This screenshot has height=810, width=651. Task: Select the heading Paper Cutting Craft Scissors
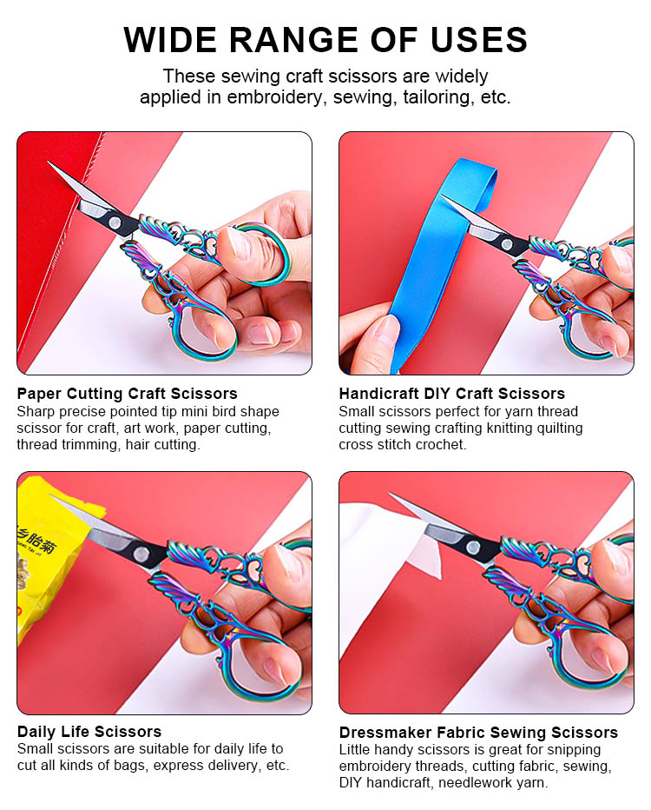pyautogui.click(x=127, y=394)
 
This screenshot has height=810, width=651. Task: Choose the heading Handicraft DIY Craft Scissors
pyautogui.click(x=451, y=394)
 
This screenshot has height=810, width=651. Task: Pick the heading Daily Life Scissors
pyautogui.click(x=89, y=732)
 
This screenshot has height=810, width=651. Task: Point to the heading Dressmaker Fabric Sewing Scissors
pyautogui.click(x=478, y=733)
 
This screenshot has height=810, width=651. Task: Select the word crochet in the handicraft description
pyautogui.click(x=441, y=445)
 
